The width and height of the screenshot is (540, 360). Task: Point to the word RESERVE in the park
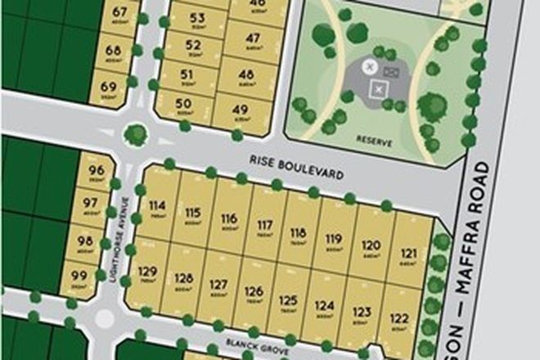[x=376, y=142]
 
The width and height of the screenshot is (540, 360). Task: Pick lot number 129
[x=147, y=272]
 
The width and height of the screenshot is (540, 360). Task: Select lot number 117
[x=264, y=224]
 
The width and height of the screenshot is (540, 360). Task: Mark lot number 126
[x=254, y=292]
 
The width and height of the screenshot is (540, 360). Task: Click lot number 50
[x=183, y=104]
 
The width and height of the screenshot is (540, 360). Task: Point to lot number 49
[x=241, y=110]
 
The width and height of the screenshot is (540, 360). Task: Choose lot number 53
[x=197, y=18]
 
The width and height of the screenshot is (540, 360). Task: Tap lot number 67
[x=121, y=11]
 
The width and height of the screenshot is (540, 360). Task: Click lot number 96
[x=95, y=170]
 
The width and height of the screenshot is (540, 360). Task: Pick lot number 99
[x=79, y=275]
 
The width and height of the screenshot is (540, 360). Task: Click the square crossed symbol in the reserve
[x=378, y=89]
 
